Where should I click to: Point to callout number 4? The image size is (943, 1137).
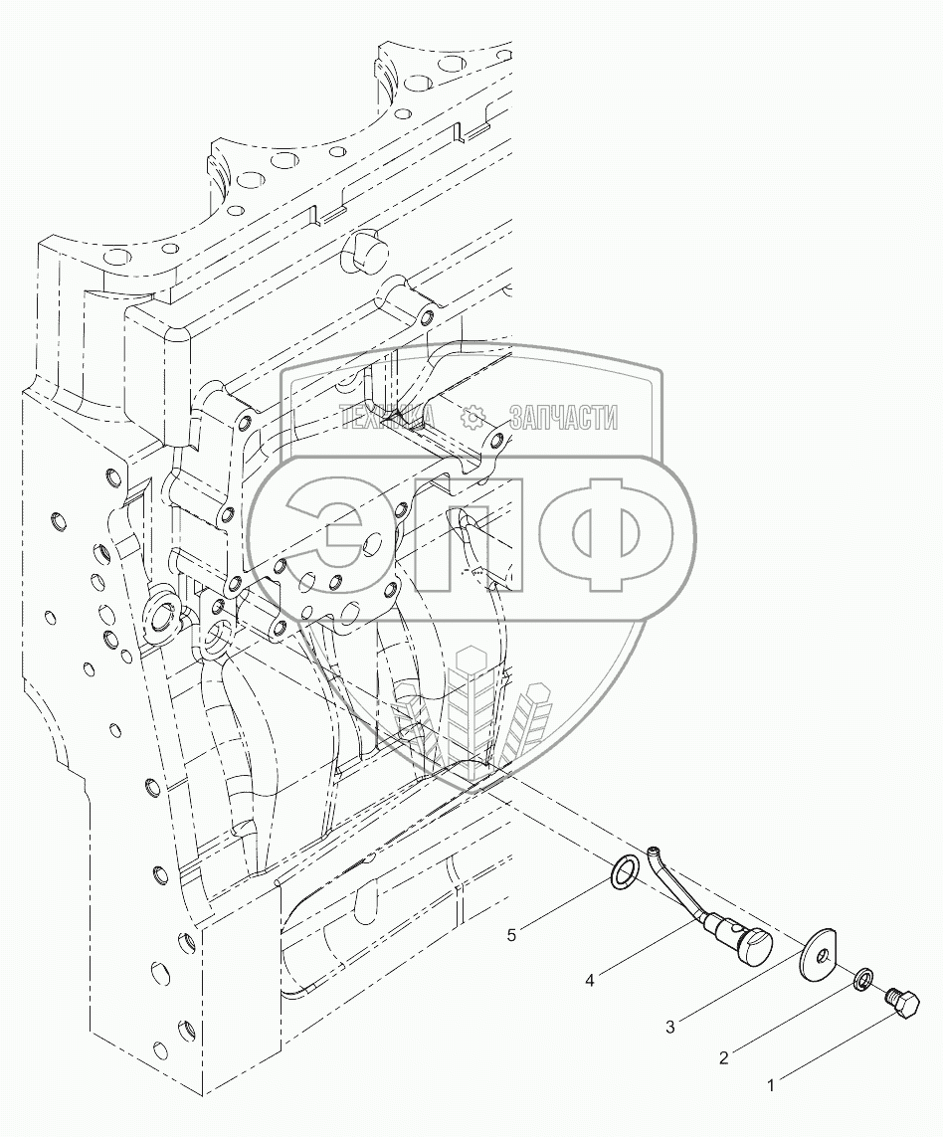tap(590, 981)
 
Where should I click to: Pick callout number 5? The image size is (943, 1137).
tap(512, 934)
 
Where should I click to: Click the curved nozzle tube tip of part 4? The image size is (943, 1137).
tap(651, 853)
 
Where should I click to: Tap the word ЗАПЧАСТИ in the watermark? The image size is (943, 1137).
tap(562, 418)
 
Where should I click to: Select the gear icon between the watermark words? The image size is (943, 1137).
tap(474, 418)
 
